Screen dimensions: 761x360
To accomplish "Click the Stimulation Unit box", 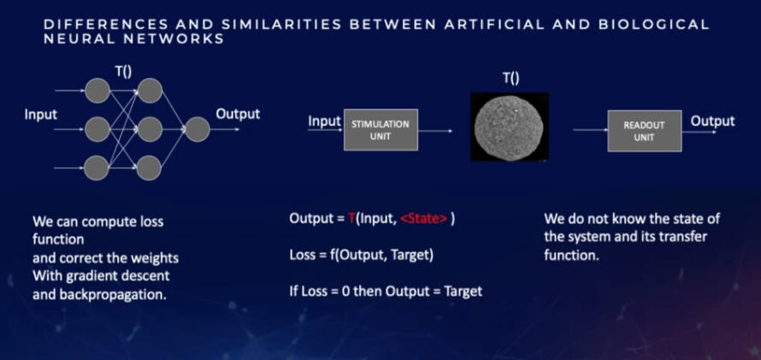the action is (380, 130).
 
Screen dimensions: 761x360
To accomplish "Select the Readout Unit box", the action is (645, 131).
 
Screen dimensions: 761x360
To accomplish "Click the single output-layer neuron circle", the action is (197, 129).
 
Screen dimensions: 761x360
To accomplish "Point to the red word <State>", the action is (423, 219).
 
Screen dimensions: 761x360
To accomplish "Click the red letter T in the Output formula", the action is (352, 219).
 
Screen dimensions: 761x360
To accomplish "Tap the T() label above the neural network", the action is (123, 71).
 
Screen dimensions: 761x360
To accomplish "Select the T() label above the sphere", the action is (510, 79).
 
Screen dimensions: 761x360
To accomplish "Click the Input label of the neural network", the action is (41, 115).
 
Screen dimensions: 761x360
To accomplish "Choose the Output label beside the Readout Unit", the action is (712, 121).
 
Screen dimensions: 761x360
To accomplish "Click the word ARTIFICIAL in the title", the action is (497, 25).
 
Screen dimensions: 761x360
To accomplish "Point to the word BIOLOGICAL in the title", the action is (654, 25).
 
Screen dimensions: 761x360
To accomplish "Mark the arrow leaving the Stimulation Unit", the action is (435, 131).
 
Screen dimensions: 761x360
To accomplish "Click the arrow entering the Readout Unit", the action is (590, 131).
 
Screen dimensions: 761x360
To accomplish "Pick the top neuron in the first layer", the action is (97, 91).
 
